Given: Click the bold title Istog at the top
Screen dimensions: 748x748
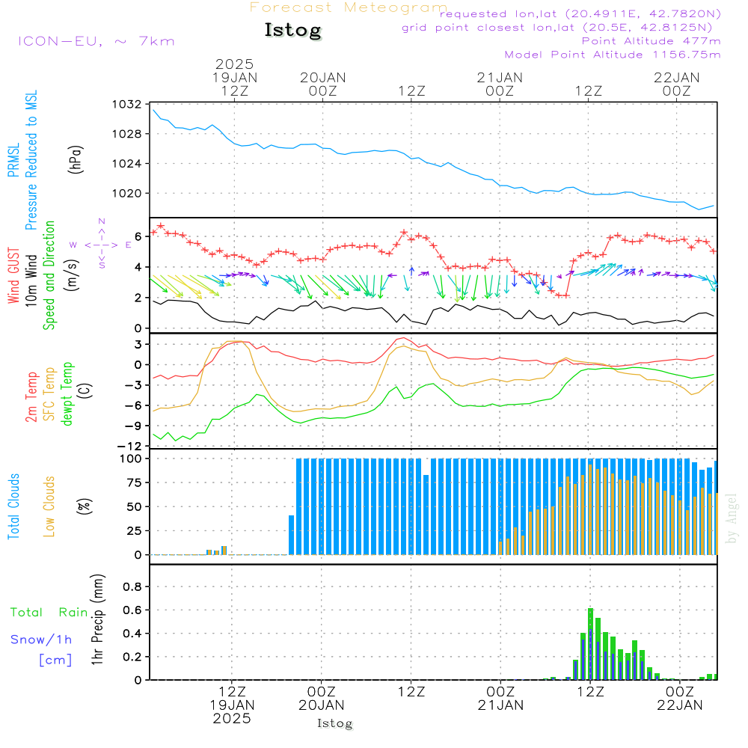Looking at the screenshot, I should (x=292, y=31).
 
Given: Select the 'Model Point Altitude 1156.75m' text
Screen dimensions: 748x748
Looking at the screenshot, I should (x=613, y=55).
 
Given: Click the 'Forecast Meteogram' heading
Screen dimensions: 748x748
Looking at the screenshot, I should (x=349, y=7).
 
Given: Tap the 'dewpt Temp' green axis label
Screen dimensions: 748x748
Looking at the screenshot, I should (x=67, y=393).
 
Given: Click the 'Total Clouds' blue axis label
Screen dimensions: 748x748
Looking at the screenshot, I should (x=13, y=506).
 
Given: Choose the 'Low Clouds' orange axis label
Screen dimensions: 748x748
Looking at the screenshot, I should (x=49, y=506).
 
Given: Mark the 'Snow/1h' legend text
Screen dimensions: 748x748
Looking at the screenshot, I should (x=41, y=640).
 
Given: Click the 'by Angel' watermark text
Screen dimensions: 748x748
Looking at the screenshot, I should (x=732, y=518).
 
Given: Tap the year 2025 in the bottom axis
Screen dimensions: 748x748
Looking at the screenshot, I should (x=231, y=719).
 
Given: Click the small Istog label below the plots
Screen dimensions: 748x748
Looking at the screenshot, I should (x=334, y=723).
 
